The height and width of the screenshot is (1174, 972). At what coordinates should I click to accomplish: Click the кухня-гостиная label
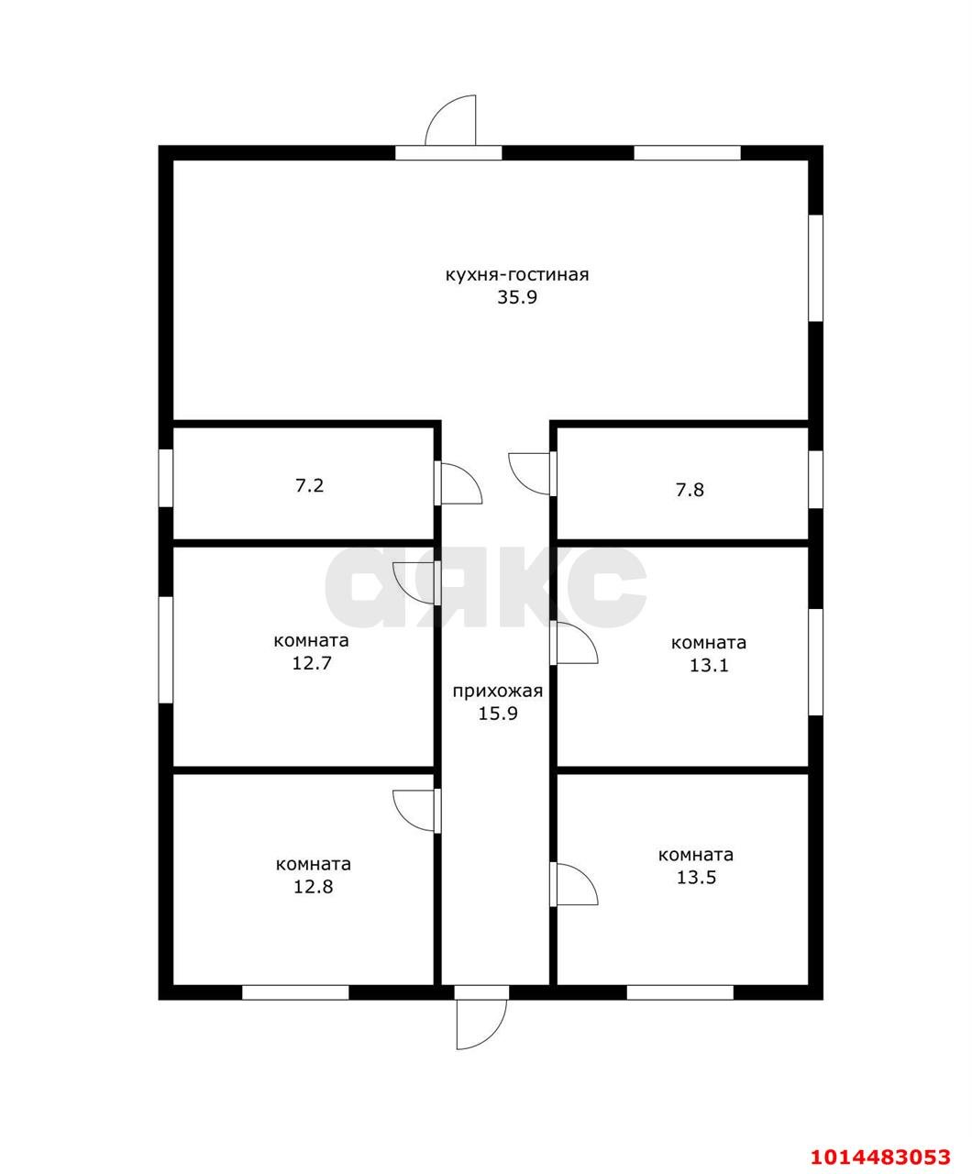tap(517, 275)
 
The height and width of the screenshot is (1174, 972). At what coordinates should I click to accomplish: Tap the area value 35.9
tap(517, 297)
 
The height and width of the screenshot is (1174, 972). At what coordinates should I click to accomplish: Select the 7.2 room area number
tap(310, 486)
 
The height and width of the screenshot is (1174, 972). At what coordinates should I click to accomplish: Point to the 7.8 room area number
tap(690, 491)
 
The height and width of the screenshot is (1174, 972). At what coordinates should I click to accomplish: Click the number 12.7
tap(312, 663)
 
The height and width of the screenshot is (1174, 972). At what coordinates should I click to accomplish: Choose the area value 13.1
tap(709, 666)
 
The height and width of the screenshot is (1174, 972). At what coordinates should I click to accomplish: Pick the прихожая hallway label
tap(498, 692)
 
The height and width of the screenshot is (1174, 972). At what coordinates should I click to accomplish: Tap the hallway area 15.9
tap(498, 714)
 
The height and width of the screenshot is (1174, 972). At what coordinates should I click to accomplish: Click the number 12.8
tap(313, 887)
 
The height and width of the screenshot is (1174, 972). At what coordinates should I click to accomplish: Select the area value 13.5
tap(696, 878)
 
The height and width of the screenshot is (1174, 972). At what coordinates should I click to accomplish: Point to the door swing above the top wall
tap(450, 120)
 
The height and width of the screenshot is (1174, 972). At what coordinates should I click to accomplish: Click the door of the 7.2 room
tap(458, 483)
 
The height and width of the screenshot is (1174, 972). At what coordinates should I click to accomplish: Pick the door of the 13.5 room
tap(574, 884)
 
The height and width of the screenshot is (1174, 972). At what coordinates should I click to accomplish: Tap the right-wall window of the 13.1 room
tap(816, 662)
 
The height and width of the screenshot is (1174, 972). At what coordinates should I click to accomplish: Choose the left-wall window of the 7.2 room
tap(166, 478)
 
